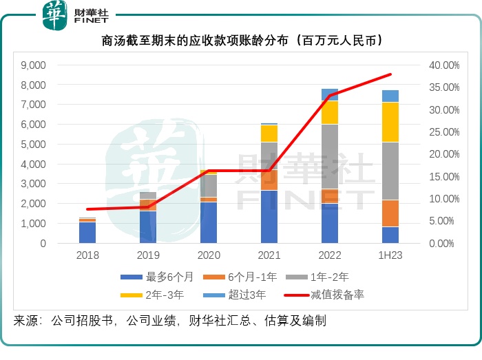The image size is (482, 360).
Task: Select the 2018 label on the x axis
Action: point(87,255)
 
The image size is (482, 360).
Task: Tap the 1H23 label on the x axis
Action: point(390,255)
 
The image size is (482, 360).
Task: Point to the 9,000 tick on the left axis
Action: point(33,65)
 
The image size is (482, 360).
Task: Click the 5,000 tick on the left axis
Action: point(33,145)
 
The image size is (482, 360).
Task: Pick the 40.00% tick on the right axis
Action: point(444,65)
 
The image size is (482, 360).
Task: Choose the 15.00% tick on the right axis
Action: point(444,176)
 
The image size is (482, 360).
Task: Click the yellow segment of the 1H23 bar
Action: point(390,122)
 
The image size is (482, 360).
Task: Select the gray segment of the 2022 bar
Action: point(330,156)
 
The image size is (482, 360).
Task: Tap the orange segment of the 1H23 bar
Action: point(390,213)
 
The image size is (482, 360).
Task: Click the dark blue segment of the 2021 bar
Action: point(269,216)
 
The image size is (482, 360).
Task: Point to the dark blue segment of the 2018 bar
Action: point(87,233)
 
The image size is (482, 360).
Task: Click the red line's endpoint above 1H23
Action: point(390,74)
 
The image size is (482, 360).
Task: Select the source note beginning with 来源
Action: point(169,321)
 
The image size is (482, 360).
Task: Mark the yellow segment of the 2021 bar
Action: point(269,134)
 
